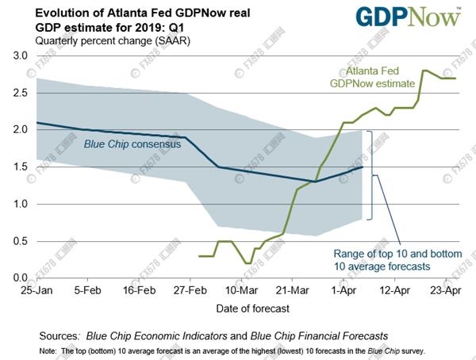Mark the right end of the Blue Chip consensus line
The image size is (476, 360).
(x=363, y=167)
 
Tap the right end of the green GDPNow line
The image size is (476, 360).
(x=455, y=78)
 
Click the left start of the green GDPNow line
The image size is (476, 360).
(x=198, y=256)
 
